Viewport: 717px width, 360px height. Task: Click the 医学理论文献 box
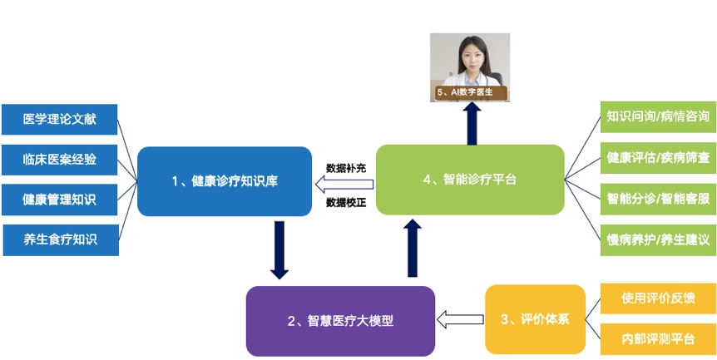(x=60, y=119)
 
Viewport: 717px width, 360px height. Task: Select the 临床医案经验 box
(x=60, y=159)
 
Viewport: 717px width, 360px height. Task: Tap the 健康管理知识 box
(x=60, y=199)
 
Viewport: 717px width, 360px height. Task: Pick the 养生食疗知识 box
(x=60, y=239)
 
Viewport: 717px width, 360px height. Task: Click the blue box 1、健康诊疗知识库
(x=225, y=180)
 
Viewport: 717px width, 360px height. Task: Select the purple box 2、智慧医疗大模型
(x=340, y=320)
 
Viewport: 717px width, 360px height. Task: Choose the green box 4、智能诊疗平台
(x=470, y=179)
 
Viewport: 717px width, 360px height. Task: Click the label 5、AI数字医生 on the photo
(x=471, y=92)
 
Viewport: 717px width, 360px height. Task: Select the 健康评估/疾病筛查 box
(x=657, y=157)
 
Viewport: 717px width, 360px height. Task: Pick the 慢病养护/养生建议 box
(x=657, y=239)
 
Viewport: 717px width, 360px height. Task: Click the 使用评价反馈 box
(x=657, y=298)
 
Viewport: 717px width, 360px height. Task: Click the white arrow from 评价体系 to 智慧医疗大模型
(x=460, y=318)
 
